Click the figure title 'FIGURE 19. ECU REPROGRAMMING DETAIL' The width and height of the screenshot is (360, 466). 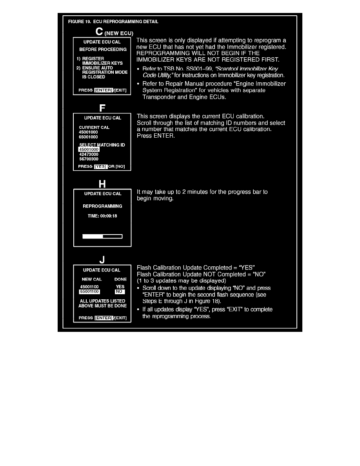point(113,22)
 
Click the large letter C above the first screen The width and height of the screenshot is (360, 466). point(100,31)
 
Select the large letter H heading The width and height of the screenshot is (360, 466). point(102,184)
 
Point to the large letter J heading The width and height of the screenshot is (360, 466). point(102,259)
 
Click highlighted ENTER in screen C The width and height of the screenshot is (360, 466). point(104,90)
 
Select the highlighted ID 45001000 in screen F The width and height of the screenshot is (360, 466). point(89,150)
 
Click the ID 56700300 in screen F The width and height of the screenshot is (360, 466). point(88,159)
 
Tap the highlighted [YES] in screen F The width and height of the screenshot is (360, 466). point(100,166)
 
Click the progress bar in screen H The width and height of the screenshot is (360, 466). point(102,236)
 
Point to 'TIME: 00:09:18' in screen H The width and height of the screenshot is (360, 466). point(102,216)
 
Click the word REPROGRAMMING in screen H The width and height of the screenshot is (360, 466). point(102,206)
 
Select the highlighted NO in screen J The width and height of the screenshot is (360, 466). point(120,292)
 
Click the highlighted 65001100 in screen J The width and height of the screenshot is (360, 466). point(89,292)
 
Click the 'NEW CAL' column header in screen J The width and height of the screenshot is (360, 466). point(92,279)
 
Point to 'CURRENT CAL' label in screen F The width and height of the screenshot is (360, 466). point(94,127)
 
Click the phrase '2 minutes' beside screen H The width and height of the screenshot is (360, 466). point(190,192)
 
